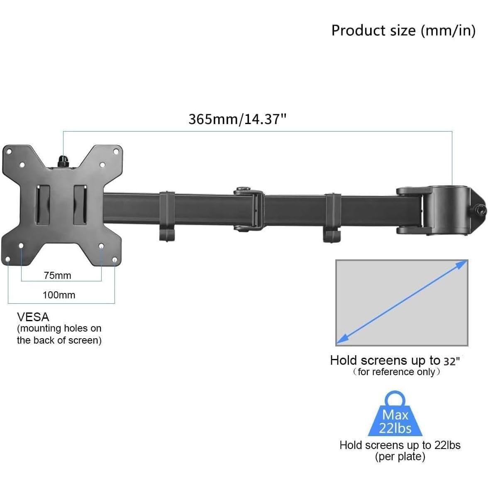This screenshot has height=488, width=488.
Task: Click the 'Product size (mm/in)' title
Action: click(x=403, y=31)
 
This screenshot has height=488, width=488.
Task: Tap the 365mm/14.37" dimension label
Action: click(x=237, y=119)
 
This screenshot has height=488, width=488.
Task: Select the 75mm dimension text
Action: click(x=57, y=276)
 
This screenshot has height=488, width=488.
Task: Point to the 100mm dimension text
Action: click(x=59, y=295)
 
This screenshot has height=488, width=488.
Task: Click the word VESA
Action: click(x=33, y=317)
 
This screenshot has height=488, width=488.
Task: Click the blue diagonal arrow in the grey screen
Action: click(x=401, y=303)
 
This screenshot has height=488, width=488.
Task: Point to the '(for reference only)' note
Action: click(x=396, y=372)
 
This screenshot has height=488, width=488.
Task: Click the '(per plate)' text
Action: click(x=400, y=457)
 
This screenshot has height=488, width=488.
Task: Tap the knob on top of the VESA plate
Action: click(x=63, y=161)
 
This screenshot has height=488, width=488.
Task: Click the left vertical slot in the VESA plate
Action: click(x=42, y=205)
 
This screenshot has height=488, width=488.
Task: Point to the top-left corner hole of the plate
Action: click(x=8, y=152)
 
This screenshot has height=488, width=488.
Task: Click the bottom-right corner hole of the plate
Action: click(x=115, y=260)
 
